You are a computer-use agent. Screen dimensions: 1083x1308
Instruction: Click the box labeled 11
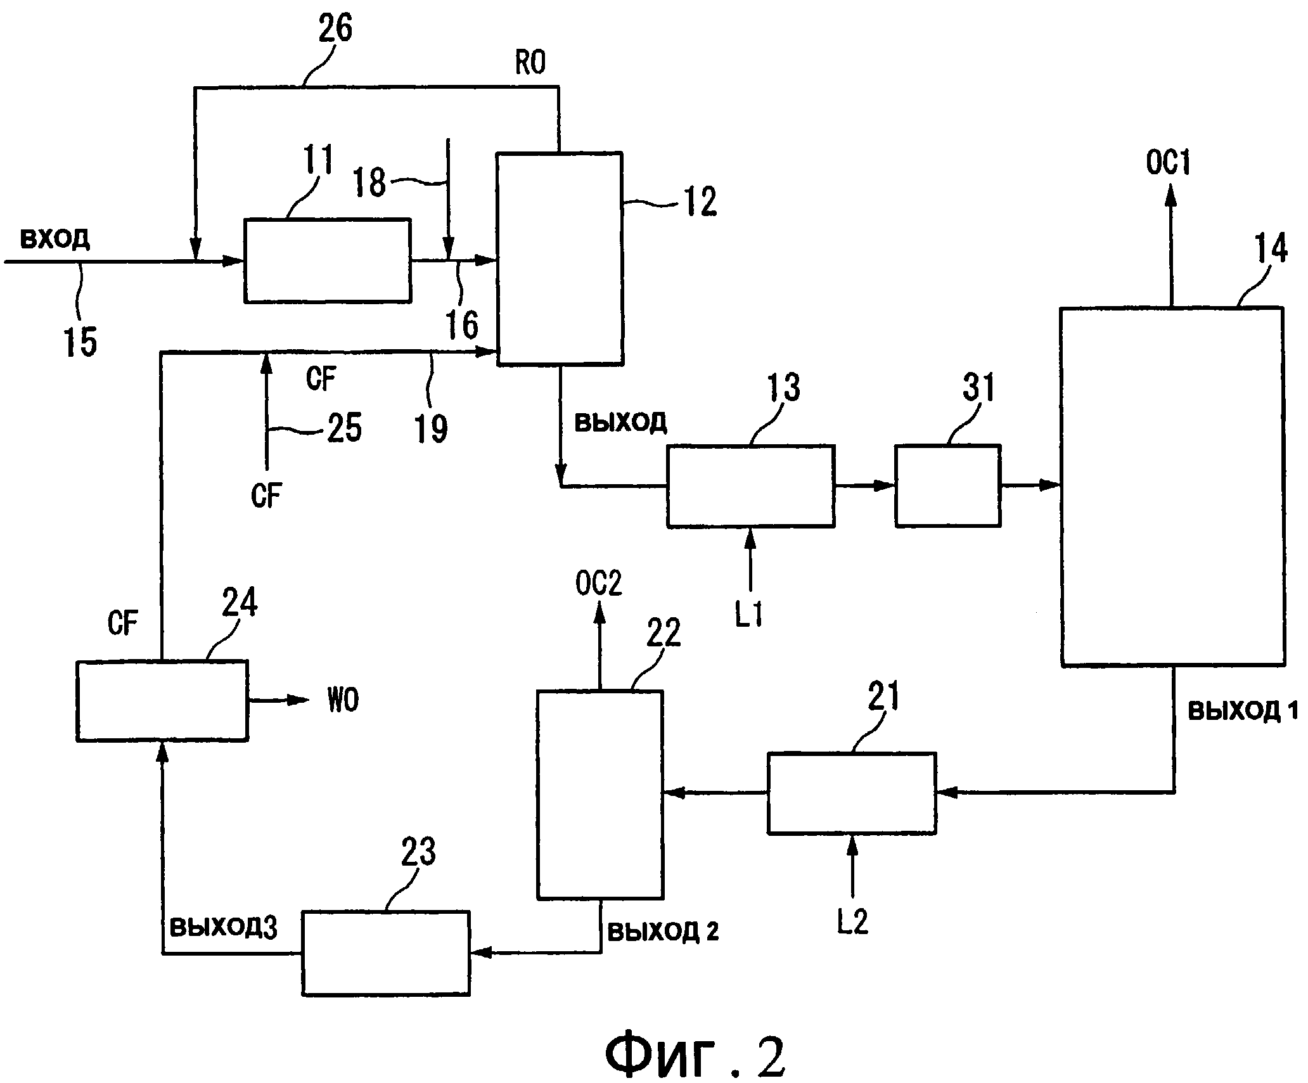327,260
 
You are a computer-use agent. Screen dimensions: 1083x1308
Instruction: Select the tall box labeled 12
559,258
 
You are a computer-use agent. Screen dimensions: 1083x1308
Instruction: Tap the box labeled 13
750,486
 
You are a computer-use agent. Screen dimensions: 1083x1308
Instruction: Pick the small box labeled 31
947,486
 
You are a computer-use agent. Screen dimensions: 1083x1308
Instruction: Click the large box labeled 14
1172,486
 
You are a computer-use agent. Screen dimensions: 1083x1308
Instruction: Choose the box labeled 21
851,793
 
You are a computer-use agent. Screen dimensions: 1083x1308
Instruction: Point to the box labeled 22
599,795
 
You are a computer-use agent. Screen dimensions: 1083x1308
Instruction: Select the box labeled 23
385,952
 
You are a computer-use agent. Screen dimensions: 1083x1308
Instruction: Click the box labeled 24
162,700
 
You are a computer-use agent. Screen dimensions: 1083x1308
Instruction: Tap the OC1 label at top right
1168,163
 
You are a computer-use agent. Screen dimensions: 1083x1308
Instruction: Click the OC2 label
598,584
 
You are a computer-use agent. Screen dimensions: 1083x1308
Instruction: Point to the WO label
343,701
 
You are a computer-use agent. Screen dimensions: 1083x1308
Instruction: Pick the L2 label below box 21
852,923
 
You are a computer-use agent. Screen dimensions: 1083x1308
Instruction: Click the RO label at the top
530,63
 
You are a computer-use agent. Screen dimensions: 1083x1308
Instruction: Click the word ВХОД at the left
55,240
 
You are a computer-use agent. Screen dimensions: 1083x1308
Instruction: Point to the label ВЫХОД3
224,928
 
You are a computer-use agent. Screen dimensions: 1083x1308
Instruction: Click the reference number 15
80,342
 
